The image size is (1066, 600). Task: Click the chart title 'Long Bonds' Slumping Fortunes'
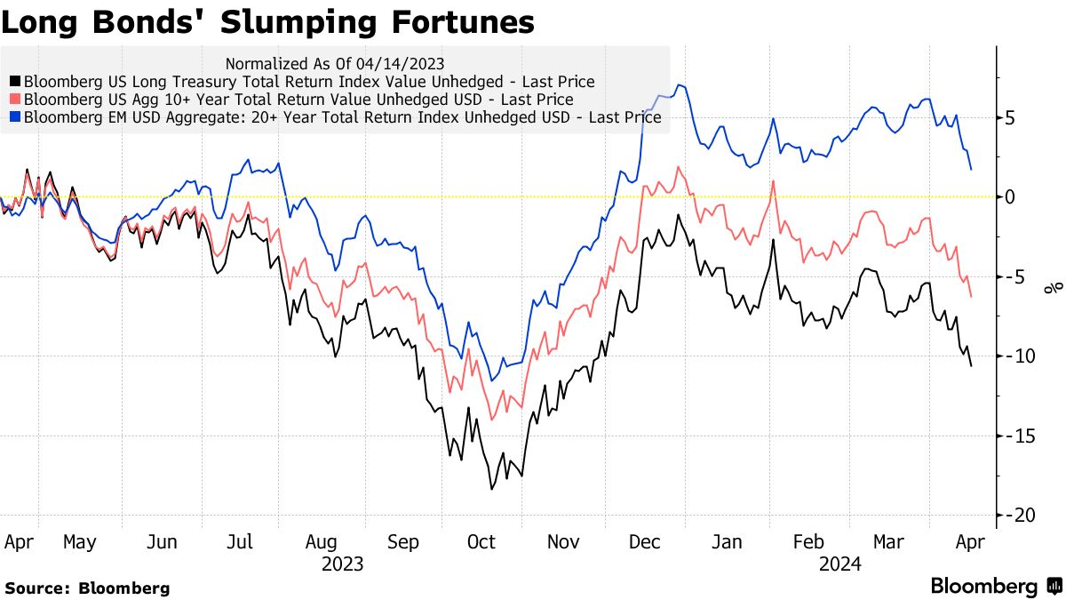tap(267, 22)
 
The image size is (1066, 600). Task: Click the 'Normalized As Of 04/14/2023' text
tap(335, 64)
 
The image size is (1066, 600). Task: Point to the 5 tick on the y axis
tap(1010, 117)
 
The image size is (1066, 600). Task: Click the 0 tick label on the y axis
tap(1010, 196)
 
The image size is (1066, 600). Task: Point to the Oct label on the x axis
tap(481, 542)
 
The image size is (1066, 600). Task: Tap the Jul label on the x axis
tap(241, 542)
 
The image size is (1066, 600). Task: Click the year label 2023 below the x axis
tap(342, 564)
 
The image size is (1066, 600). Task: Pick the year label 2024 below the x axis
tap(840, 564)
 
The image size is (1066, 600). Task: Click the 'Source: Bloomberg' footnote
tap(86, 588)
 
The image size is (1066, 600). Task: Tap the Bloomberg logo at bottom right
tap(995, 586)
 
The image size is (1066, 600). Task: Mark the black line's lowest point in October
tap(491, 488)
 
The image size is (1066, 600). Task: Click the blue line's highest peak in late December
tap(679, 85)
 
